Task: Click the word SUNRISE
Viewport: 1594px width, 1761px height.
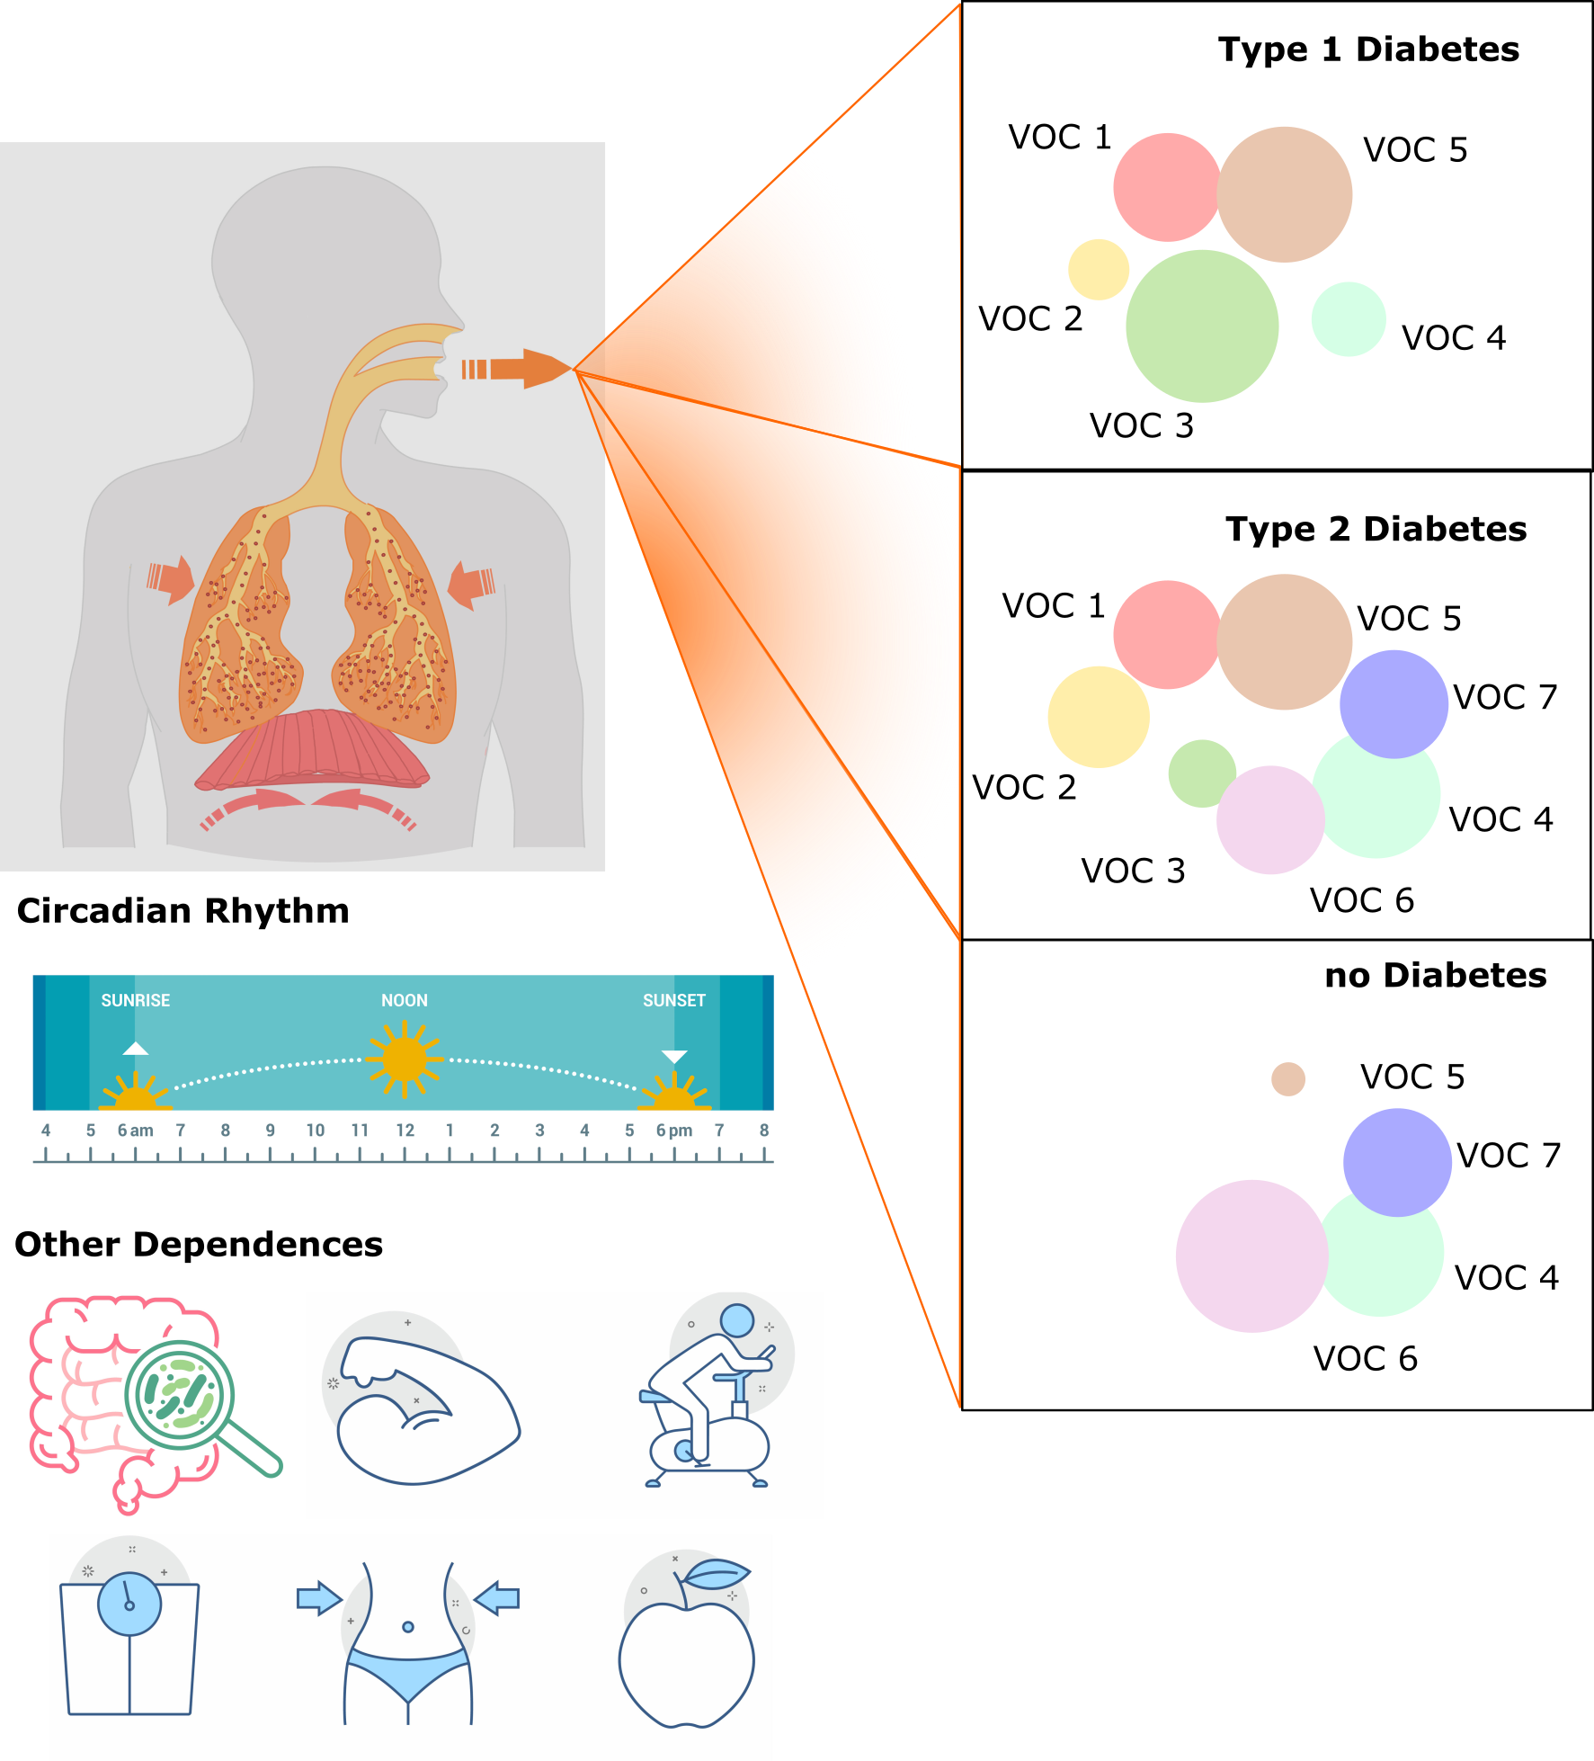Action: pyautogui.click(x=135, y=1000)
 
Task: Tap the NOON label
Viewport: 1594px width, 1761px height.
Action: pyautogui.click(x=405, y=1000)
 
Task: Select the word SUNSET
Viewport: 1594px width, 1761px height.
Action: pyautogui.click(x=674, y=1000)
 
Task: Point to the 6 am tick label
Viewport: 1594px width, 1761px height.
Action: pyautogui.click(x=135, y=1131)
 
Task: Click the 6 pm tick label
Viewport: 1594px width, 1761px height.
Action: pyautogui.click(x=674, y=1131)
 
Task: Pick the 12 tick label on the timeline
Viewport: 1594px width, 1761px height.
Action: pyautogui.click(x=405, y=1131)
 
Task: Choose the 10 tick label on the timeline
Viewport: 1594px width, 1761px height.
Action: pyautogui.click(x=315, y=1131)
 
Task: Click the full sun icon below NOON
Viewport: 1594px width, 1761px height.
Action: pyautogui.click(x=405, y=1059)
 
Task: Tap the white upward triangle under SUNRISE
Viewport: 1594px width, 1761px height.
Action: pyautogui.click(x=135, y=1049)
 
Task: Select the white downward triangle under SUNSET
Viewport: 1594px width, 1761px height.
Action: pyautogui.click(x=674, y=1056)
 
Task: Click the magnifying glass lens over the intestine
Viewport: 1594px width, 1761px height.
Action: pyautogui.click(x=180, y=1395)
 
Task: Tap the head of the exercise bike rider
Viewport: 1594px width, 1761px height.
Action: pyautogui.click(x=737, y=1320)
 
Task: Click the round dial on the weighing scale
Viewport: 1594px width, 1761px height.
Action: pyautogui.click(x=129, y=1605)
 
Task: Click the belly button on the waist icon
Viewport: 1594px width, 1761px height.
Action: pyautogui.click(x=408, y=1627)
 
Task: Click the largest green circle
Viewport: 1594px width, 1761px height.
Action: pyautogui.click(x=1202, y=326)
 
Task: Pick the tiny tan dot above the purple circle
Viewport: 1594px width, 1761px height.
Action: pyautogui.click(x=1288, y=1079)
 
